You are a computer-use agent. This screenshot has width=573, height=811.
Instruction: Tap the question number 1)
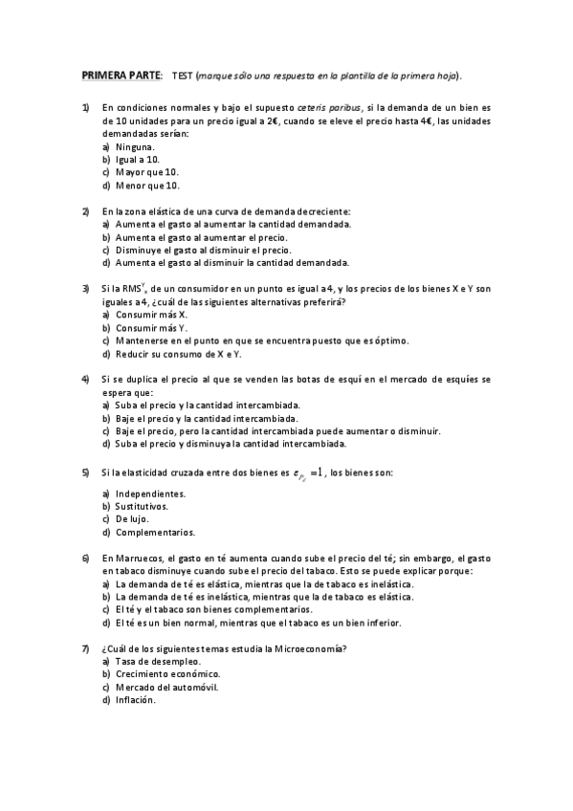(85, 108)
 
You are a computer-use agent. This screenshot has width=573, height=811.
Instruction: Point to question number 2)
(85, 211)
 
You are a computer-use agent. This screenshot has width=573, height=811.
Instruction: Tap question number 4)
(85, 380)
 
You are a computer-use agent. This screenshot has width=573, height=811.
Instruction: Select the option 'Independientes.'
(150, 493)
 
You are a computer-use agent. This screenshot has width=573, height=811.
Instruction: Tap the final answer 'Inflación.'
(135, 700)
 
